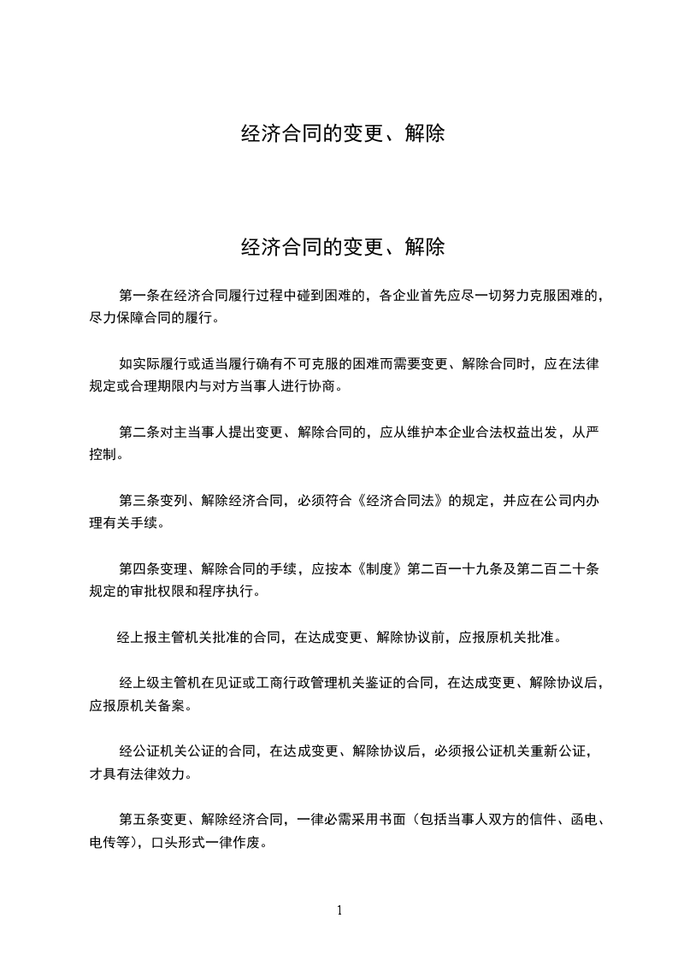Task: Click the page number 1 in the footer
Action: [x=339, y=910]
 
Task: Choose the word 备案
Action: [x=172, y=706]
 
